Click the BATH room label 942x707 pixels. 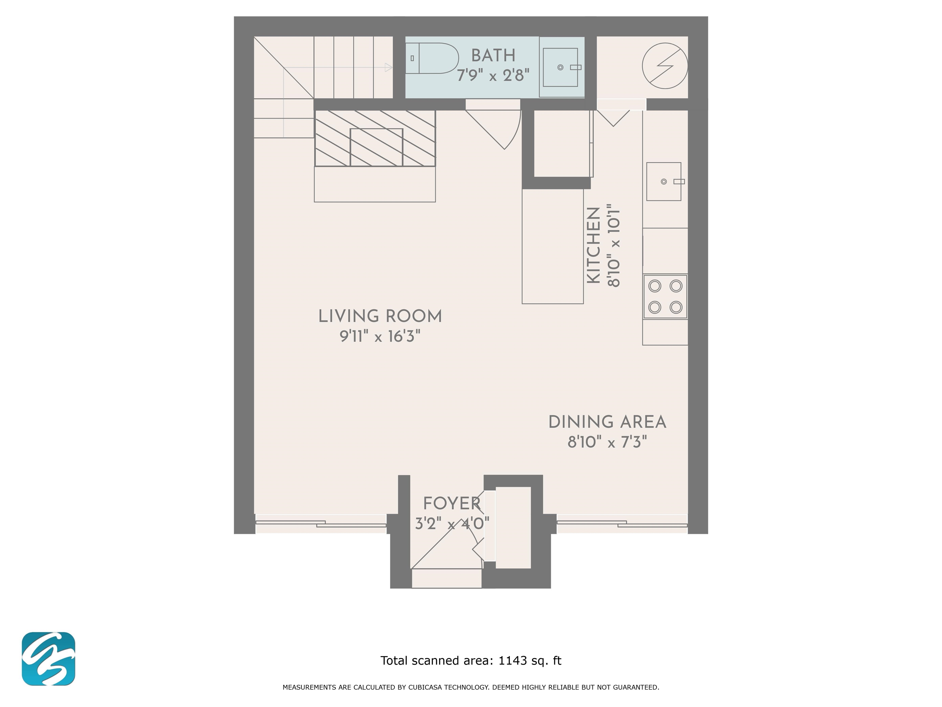point(493,56)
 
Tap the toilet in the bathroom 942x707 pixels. point(432,58)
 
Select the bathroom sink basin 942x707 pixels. point(561,67)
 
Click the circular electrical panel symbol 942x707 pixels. point(665,66)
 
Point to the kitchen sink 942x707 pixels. point(664,182)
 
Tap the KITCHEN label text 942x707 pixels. point(594,245)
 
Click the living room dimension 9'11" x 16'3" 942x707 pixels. point(380,337)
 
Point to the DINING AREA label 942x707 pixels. point(607,422)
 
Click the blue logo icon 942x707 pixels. point(48,659)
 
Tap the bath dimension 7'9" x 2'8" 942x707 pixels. point(493,76)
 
